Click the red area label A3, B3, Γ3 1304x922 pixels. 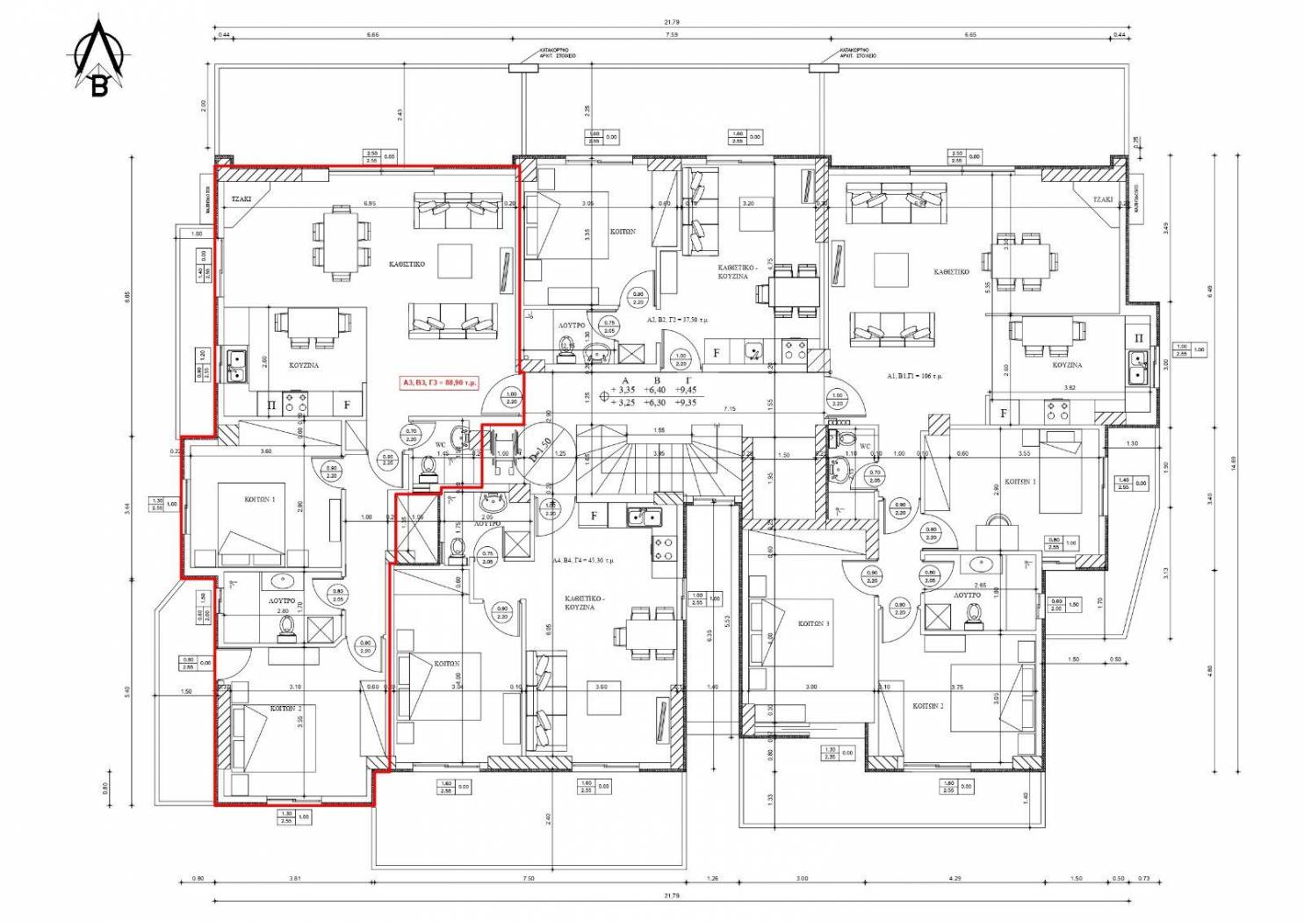tap(439, 383)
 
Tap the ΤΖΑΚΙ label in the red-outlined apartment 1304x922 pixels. tap(241, 199)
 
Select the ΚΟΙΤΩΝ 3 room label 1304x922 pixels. tap(813, 623)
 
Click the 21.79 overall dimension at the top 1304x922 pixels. tap(672, 22)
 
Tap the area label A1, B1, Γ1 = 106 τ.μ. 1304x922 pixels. tap(914, 376)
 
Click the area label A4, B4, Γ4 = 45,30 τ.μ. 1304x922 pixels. tap(583, 559)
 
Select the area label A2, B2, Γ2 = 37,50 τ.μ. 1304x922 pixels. tap(678, 321)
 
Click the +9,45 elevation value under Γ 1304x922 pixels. tap(686, 390)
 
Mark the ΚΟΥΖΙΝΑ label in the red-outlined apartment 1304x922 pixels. tap(304, 364)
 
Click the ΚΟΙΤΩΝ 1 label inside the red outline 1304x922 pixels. tap(260, 499)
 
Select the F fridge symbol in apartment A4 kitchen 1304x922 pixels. tap(594, 515)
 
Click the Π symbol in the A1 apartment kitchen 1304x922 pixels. tap(1139, 338)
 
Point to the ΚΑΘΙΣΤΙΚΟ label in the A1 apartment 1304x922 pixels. tap(952, 272)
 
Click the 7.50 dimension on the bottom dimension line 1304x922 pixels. tap(528, 878)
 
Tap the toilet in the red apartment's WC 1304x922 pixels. tap(428, 465)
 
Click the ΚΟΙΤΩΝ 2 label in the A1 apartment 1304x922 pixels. tap(927, 706)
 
